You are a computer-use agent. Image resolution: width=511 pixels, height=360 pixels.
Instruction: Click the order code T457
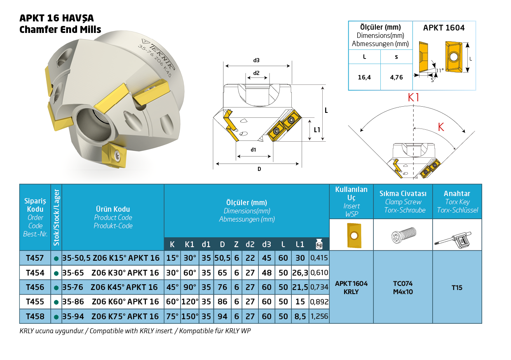pos(35,258)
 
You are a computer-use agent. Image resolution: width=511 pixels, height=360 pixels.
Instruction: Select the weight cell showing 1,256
pos(319,316)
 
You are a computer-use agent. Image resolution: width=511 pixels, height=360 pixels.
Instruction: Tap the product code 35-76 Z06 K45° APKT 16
pos(110,287)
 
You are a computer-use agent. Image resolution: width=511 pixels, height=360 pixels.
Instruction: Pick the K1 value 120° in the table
pos(190,302)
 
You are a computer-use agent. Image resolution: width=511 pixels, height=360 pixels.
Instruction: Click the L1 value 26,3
pos(300,273)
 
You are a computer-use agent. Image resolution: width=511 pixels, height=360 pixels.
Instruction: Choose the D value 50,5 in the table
pos(222,258)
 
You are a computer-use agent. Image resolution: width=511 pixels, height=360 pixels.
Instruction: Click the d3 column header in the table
pos(267,244)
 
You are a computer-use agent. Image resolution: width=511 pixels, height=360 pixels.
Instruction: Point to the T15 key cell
pos(457,288)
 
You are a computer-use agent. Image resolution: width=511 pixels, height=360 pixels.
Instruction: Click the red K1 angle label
pos(413,98)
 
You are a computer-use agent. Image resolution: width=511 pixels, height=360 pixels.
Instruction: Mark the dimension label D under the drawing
pos(259,169)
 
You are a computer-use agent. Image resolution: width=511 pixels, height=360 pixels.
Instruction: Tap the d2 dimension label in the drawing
pos(256,73)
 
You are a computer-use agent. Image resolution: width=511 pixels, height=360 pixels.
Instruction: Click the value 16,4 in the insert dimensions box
pos(364,77)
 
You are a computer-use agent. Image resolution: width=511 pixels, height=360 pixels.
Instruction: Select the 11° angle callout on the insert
pos(440,70)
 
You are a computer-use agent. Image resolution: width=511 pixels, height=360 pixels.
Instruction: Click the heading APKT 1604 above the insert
pos(444,28)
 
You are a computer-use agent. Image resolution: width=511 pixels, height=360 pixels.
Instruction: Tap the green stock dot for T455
pos(56,302)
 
